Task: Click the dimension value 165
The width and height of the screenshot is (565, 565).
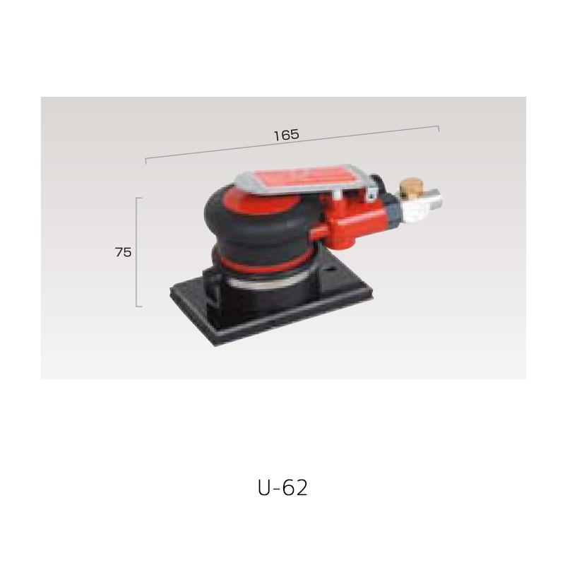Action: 287,135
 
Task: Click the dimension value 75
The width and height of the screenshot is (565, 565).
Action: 123,252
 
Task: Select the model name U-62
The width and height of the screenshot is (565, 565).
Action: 283,488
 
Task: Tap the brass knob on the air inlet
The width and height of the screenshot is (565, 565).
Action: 408,187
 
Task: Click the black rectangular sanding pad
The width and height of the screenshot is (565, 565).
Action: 271,310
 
